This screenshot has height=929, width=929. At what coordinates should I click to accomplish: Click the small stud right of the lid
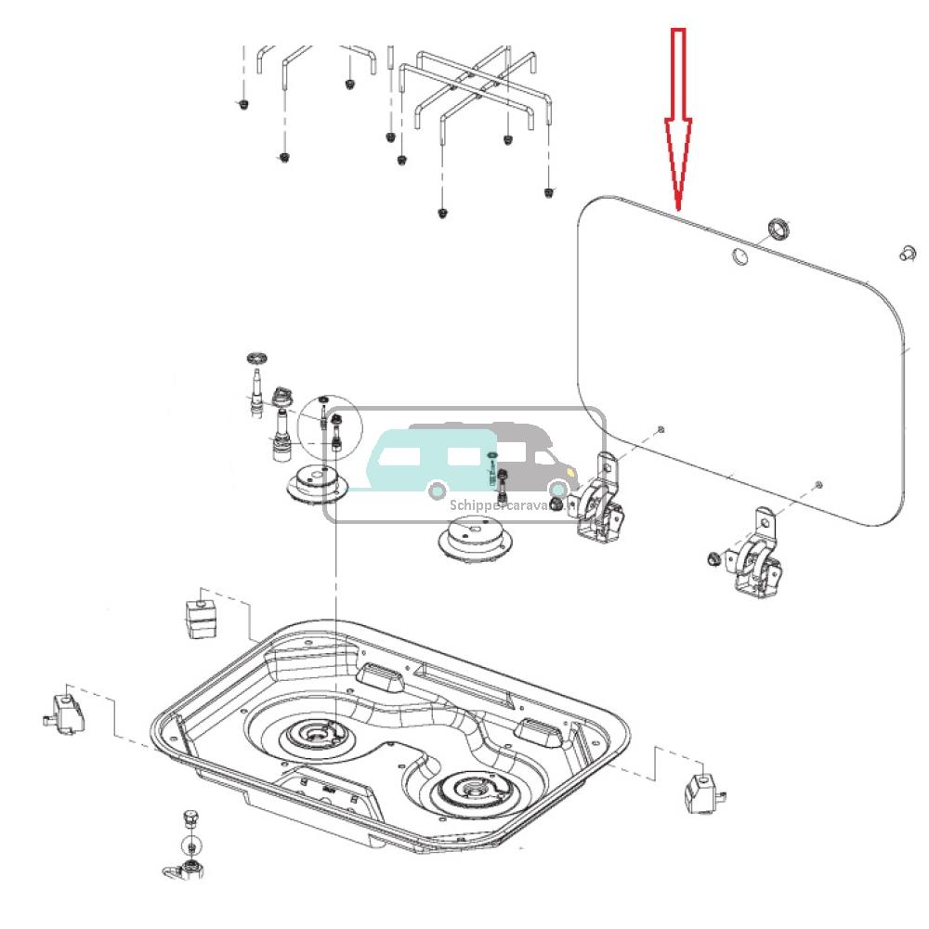(x=908, y=252)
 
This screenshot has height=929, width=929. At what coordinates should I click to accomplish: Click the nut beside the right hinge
(x=711, y=558)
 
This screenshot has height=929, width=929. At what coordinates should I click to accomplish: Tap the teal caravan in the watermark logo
(x=427, y=460)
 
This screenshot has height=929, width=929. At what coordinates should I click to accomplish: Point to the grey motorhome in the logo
(x=520, y=455)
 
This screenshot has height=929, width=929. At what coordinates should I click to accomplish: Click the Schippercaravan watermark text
(x=502, y=505)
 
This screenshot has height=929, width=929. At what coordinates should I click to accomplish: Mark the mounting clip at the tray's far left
(x=65, y=711)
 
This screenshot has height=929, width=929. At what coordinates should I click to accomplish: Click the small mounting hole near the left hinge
(x=659, y=429)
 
